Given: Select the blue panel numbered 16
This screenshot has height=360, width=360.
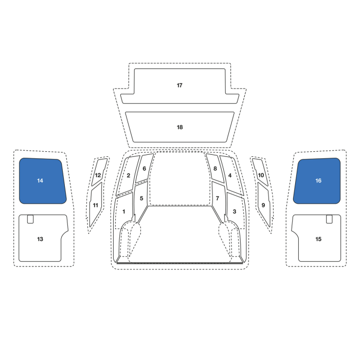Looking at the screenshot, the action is coord(317,181).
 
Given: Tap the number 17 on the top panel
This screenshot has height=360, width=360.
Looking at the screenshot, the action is coord(179,85).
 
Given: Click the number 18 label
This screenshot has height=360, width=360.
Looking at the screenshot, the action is coord(180,127).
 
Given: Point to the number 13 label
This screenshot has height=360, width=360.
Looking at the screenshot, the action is coord(40,239).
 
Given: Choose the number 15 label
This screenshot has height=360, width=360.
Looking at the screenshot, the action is coord(318,239).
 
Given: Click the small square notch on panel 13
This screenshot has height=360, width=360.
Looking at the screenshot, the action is coord(30,219).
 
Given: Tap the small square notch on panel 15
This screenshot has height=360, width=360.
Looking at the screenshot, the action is coord(329,219).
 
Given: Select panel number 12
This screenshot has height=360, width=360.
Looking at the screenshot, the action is coord(99,172).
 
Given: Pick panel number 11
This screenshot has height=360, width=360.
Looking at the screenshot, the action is coord(96,205).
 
